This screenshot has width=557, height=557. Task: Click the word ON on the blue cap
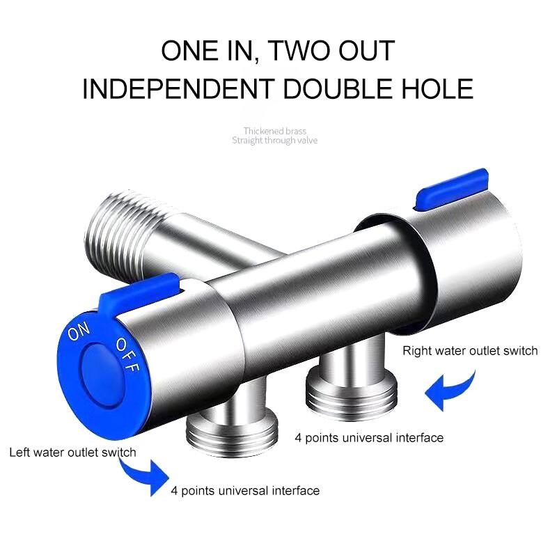78,334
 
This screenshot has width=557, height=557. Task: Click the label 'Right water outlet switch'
470,351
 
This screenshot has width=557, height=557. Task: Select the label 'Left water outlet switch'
72,453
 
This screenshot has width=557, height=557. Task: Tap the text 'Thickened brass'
274,131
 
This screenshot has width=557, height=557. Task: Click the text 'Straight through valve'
274,141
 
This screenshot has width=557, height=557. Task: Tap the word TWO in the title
303,51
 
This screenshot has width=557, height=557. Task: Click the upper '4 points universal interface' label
369,438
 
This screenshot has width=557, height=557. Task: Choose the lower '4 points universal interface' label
245,491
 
